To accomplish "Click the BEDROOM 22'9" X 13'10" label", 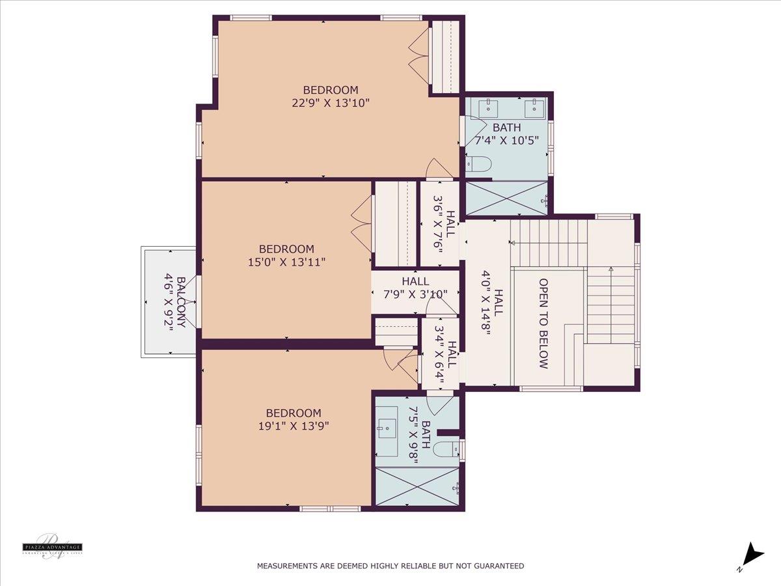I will pyautogui.click(x=331, y=96).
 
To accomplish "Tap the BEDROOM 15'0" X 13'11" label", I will pyautogui.click(x=286, y=255).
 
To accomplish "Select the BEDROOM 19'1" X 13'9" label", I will pyautogui.click(x=293, y=419).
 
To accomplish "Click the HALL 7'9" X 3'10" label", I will pyautogui.click(x=415, y=287).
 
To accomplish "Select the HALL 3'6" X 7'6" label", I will pyautogui.click(x=444, y=224).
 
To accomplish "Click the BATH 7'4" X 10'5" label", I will pyautogui.click(x=506, y=133).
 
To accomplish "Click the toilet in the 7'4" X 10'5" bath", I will pyautogui.click(x=478, y=165).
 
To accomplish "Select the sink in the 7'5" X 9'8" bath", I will pyautogui.click(x=387, y=426).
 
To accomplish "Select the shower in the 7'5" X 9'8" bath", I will pyautogui.click(x=417, y=486).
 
